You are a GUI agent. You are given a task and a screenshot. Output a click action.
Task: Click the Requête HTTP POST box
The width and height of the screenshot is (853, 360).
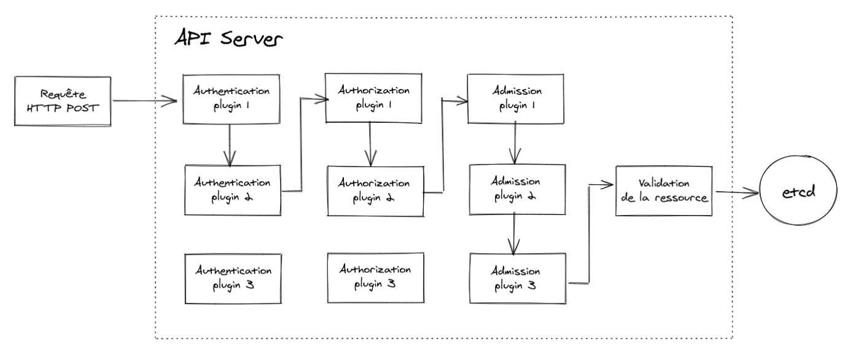pos(63,101)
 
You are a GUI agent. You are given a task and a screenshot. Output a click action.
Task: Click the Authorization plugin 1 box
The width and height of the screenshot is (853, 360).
pos(375,97)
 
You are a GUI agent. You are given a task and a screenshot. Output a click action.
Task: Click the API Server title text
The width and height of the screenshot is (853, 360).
pos(228,40)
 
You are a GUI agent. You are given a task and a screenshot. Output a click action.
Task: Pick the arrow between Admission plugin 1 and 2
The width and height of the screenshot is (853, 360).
pos(514,143)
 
